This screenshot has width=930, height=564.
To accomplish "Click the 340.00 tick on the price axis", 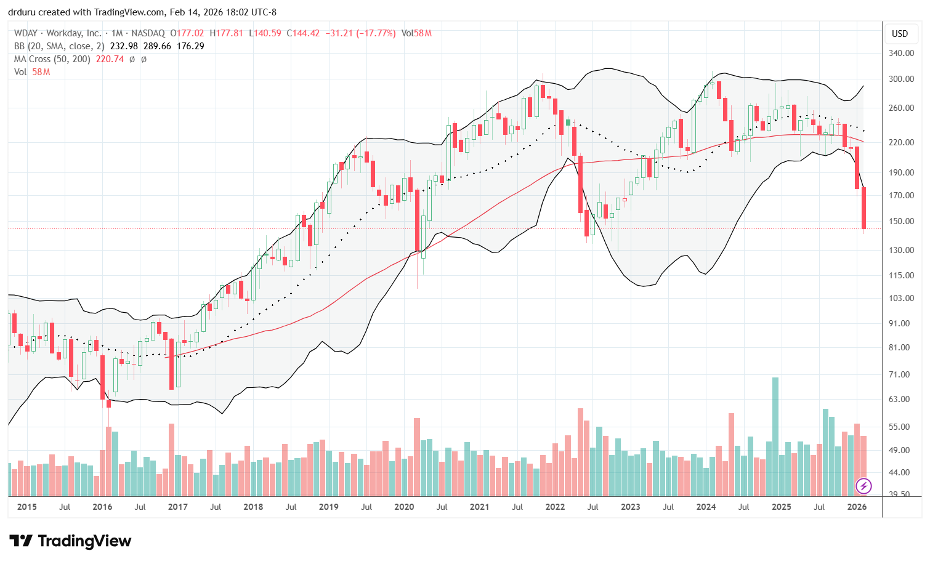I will click(902, 54).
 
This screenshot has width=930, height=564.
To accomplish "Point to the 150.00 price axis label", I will click(902, 221).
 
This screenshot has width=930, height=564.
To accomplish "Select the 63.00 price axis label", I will click(902, 399).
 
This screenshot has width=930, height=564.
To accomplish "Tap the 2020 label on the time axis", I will click(404, 507).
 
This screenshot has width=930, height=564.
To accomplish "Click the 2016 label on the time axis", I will click(102, 507).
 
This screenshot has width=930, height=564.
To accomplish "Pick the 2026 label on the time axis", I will click(857, 507).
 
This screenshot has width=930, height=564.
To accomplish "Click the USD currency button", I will click(900, 34).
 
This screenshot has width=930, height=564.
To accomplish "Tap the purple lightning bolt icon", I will click(863, 486).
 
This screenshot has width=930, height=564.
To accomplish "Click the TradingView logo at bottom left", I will click(71, 541).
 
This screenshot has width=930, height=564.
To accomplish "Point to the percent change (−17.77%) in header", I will click(378, 33).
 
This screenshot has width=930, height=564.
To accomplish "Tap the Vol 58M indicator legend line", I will click(32, 72).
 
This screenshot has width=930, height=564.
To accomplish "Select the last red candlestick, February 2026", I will click(864, 208).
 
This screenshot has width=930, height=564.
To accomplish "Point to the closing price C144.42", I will click(303, 33).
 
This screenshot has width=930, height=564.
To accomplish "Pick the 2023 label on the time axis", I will click(630, 507).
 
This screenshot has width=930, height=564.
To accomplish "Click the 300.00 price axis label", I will click(902, 79).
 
